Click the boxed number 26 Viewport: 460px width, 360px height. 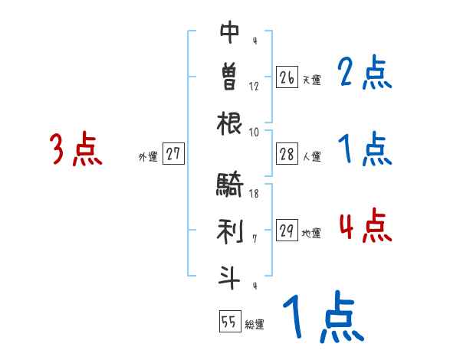[286, 77]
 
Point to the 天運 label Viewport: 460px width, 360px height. [311, 79]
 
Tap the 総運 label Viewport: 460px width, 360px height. [255, 324]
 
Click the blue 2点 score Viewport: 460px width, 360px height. [365, 74]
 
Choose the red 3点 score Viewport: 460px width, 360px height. [76, 149]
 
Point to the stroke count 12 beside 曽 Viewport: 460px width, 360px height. [254, 86]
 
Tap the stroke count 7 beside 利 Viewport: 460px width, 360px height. [254, 240]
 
